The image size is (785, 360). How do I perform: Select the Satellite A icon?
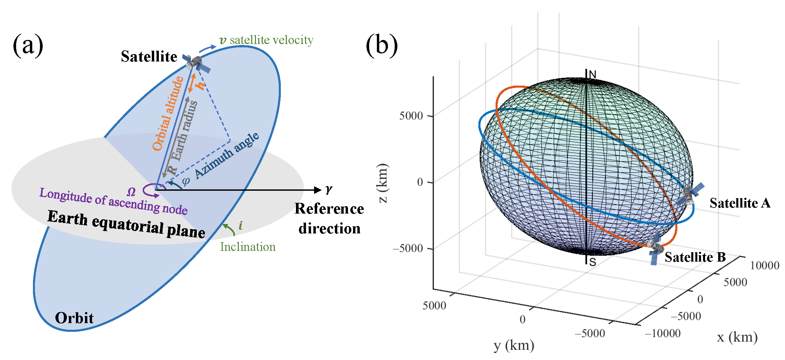tap(690, 195)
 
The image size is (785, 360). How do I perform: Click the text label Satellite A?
tap(740, 203)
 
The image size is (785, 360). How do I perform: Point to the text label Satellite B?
tap(695, 257)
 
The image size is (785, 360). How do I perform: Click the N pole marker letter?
tap(593, 75)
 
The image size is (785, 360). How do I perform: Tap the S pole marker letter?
tap(593, 262)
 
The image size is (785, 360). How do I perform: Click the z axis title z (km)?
tap(383, 183)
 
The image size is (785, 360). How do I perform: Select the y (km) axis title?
tap(514, 345)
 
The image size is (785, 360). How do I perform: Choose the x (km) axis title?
tap(737, 337)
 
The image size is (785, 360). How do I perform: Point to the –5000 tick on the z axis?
tap(408, 249)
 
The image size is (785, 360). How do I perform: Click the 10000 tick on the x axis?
tap(765, 266)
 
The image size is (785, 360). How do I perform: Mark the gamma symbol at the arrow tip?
tap(329, 190)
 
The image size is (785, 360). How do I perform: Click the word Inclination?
tap(248, 247)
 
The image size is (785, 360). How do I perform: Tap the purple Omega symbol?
tap(131, 192)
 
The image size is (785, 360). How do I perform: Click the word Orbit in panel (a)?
tap(74, 318)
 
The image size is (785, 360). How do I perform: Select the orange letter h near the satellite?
tap(201, 86)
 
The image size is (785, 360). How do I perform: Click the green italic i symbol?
tap(241, 225)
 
